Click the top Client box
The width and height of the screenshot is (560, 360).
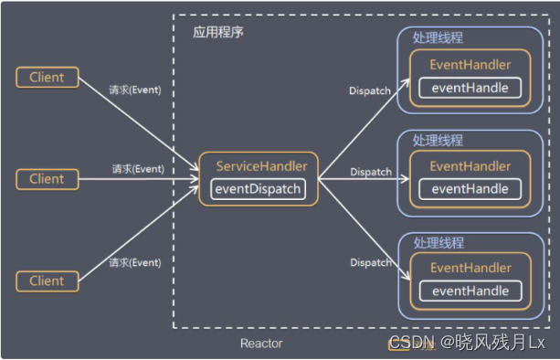pyautogui.click(x=47, y=78)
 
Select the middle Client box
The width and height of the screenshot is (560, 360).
pyautogui.click(x=47, y=179)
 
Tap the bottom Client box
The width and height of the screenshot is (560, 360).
pyautogui.click(x=47, y=281)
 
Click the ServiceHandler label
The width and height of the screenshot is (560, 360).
pyautogui.click(x=261, y=166)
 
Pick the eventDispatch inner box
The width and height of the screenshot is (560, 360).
pyautogui.click(x=259, y=190)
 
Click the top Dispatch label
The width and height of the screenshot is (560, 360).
pyautogui.click(x=371, y=90)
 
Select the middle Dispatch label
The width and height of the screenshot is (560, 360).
pyautogui.click(x=371, y=172)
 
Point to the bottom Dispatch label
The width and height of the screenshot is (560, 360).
pyautogui.click(x=371, y=262)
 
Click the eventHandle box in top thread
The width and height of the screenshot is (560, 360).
pyautogui.click(x=470, y=89)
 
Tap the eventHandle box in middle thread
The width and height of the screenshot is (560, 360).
pyautogui.click(x=470, y=189)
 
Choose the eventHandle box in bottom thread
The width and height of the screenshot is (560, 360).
pyautogui.click(x=470, y=291)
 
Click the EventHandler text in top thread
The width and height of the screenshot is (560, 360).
pyautogui.click(x=470, y=65)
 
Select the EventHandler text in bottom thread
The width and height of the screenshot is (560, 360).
pyautogui.click(x=470, y=268)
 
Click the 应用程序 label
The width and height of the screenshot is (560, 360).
pyautogui.click(x=218, y=31)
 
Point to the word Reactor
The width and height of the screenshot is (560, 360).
pyautogui.click(x=261, y=344)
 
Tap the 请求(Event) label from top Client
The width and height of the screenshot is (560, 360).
pyautogui.click(x=135, y=90)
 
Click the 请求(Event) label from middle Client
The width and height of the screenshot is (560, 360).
pyautogui.click(x=138, y=169)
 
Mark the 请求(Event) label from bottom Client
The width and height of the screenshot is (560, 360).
pyautogui.click(x=134, y=262)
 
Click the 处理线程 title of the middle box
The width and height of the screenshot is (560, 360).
pyautogui.click(x=438, y=141)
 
